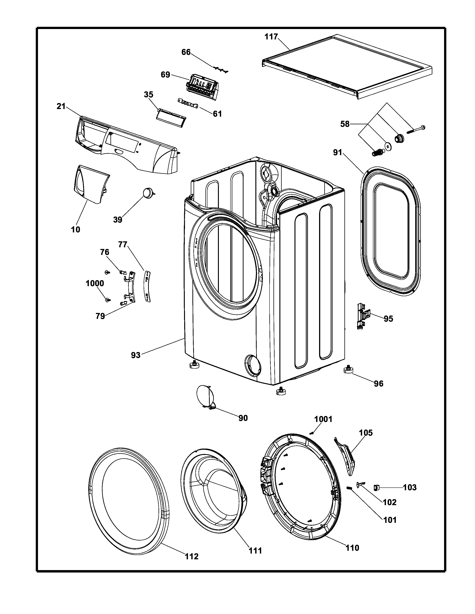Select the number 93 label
[x=136, y=355]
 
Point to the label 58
[x=345, y=124]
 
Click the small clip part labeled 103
[x=376, y=487]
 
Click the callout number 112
[x=191, y=556]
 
